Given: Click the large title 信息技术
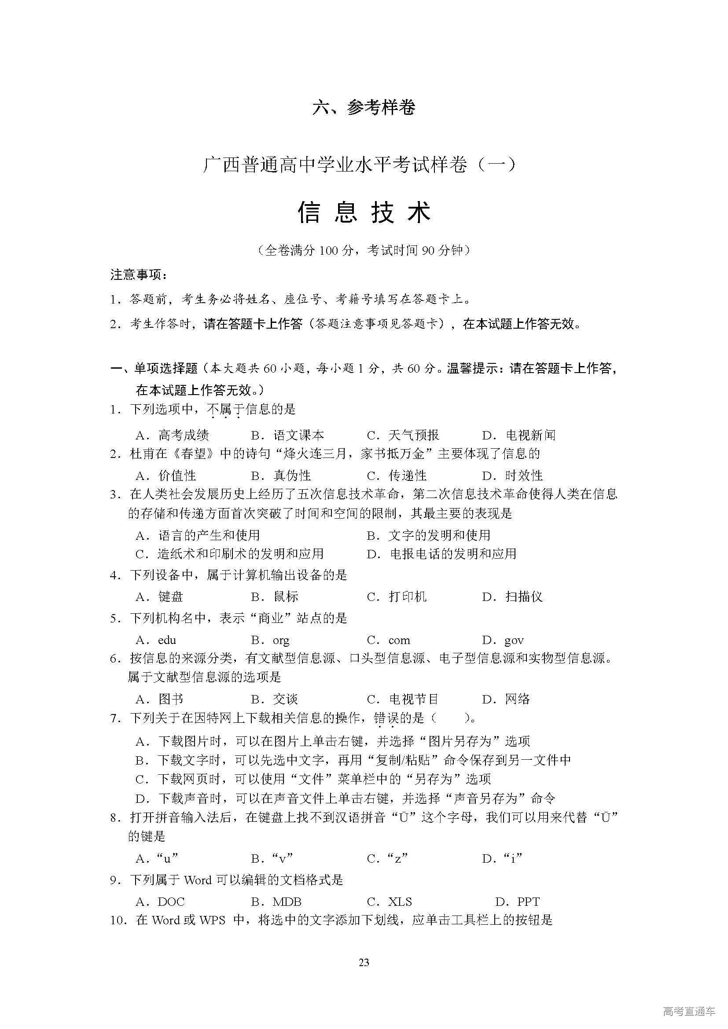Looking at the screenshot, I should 364,212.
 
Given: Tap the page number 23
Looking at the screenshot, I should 364,962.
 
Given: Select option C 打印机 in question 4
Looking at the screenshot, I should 408,597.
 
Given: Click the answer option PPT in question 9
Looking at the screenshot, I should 529,902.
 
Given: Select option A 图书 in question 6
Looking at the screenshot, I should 171,699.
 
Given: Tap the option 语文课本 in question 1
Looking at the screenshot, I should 298,435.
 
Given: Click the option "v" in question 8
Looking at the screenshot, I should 283,858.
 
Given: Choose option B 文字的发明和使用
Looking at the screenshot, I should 439,535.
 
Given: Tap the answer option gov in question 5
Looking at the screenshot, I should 514,640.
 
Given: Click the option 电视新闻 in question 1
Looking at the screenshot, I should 530,435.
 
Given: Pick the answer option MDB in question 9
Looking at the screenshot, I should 287,902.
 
